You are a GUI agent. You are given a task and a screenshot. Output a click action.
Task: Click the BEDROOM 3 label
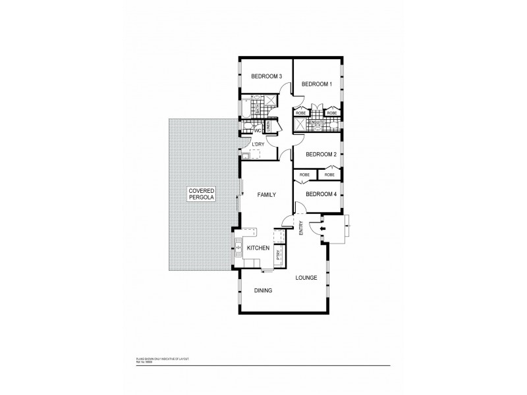267,77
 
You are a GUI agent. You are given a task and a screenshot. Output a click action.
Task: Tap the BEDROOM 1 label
316,84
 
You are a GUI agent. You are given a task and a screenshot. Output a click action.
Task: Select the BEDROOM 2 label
321,154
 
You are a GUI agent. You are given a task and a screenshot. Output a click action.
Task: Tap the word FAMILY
265,195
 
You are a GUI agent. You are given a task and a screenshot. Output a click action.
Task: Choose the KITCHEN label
258,248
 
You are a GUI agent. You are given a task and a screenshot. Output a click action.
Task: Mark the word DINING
263,290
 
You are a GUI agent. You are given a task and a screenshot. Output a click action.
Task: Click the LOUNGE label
306,277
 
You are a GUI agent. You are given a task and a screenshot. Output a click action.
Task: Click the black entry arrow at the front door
321,229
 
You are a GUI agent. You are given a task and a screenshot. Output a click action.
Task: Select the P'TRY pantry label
279,255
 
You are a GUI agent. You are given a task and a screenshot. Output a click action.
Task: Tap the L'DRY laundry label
259,144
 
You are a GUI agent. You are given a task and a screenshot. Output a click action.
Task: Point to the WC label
258,130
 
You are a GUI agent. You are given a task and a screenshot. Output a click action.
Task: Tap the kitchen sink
239,248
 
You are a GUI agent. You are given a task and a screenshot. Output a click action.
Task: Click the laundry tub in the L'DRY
245,155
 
